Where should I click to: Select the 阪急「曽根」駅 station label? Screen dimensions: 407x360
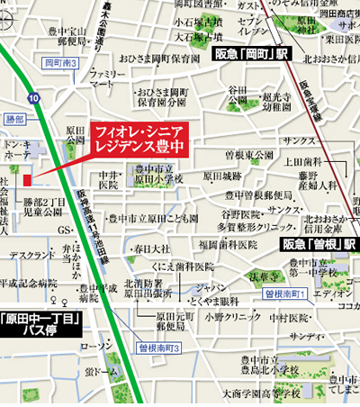click(x=319, y=245)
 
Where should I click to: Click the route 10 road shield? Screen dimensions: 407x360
click(x=33, y=96)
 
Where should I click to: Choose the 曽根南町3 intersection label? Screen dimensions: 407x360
click(x=160, y=348)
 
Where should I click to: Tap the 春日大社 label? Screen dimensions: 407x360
click(x=151, y=247)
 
